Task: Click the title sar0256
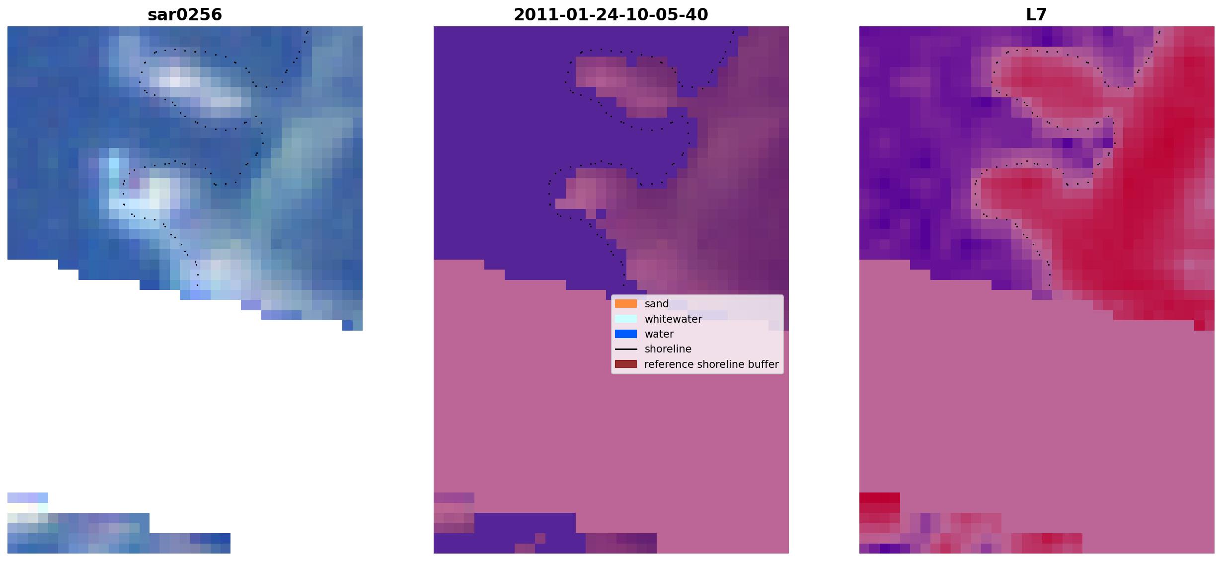click(185, 15)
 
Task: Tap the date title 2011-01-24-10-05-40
click(611, 15)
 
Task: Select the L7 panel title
click(1036, 15)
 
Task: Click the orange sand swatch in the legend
click(626, 304)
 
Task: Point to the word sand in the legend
click(657, 304)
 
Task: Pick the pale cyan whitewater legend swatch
click(626, 319)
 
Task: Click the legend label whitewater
click(673, 319)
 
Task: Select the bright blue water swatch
click(626, 334)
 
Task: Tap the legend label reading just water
click(659, 334)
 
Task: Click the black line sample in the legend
click(626, 349)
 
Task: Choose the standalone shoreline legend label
click(668, 349)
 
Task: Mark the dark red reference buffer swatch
click(626, 364)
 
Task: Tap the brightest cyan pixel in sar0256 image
click(114, 163)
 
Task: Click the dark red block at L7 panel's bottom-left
click(880, 497)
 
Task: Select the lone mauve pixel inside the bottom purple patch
click(540, 538)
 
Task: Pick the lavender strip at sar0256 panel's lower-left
click(28, 497)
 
